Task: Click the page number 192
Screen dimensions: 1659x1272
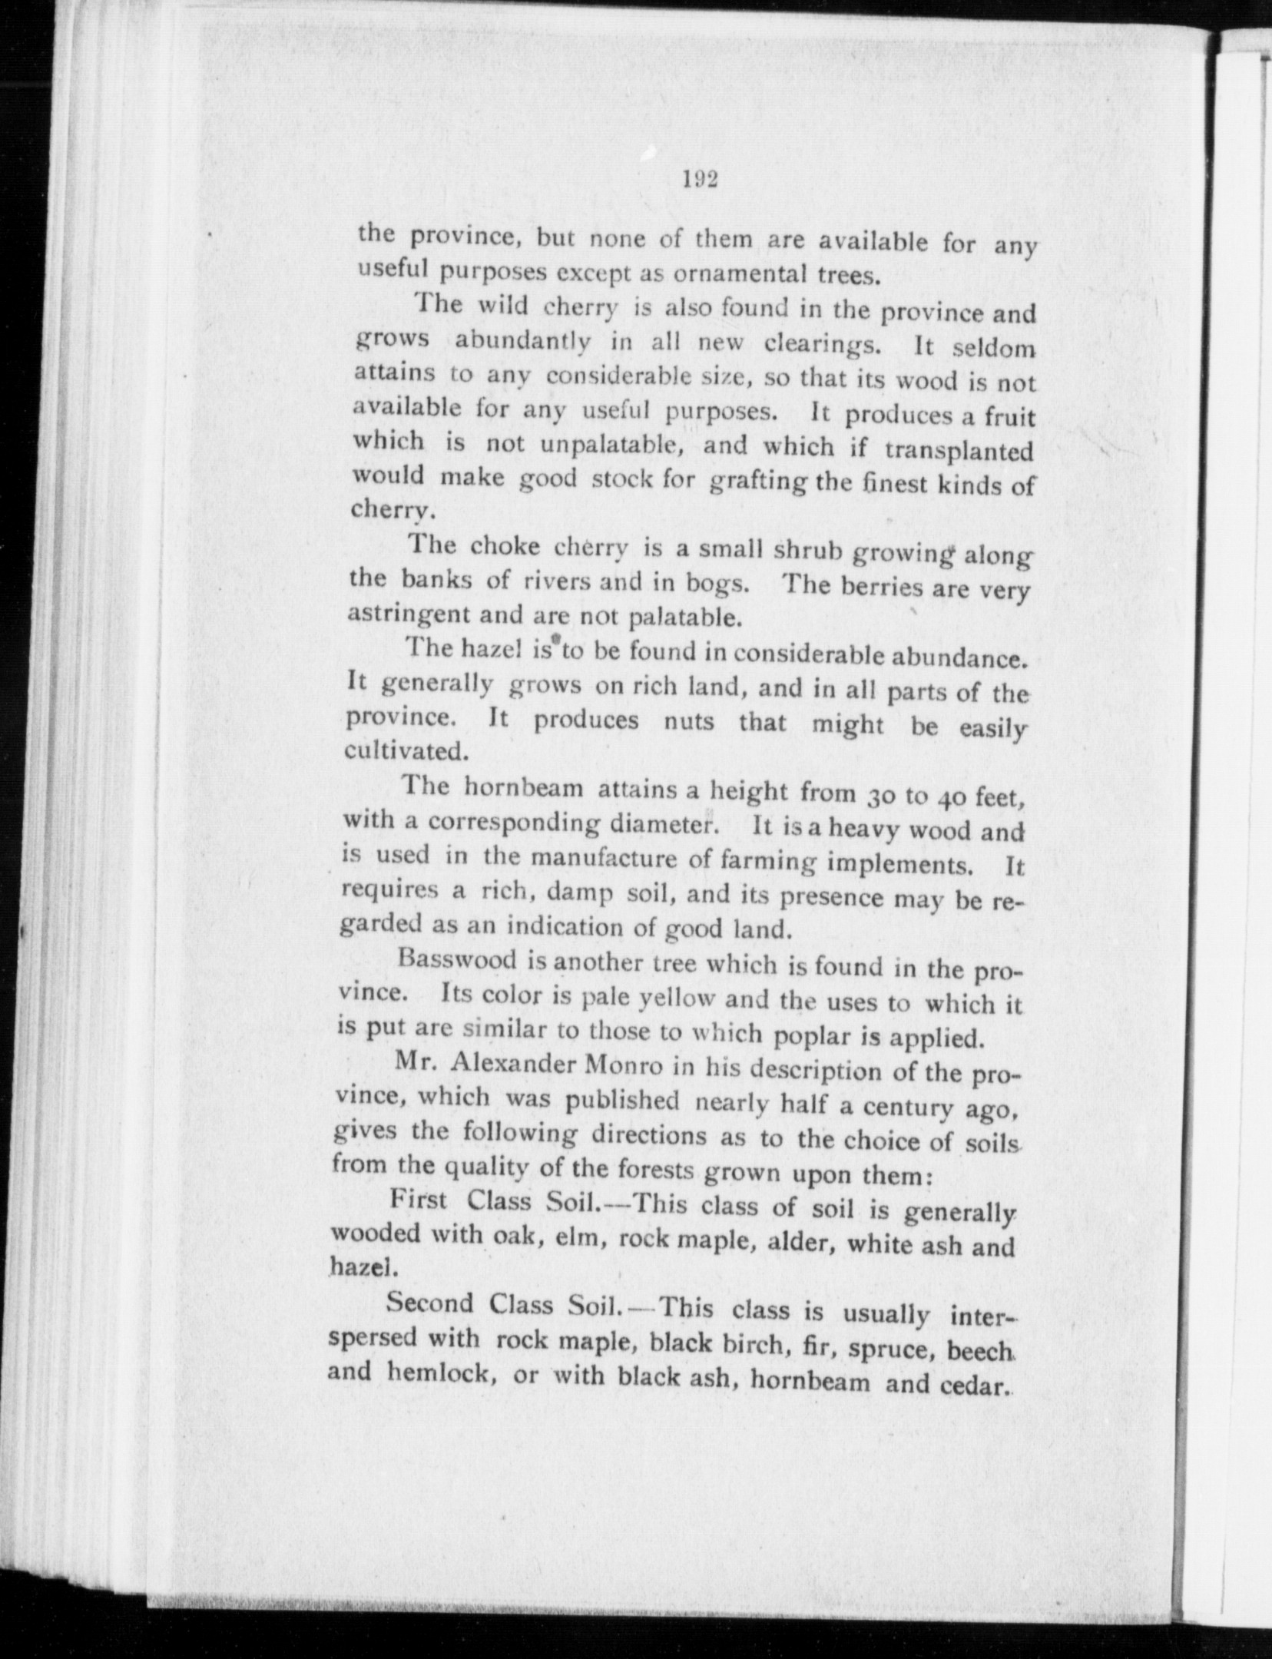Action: pos(699,179)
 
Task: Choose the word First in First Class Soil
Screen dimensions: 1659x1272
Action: pos(419,1200)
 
